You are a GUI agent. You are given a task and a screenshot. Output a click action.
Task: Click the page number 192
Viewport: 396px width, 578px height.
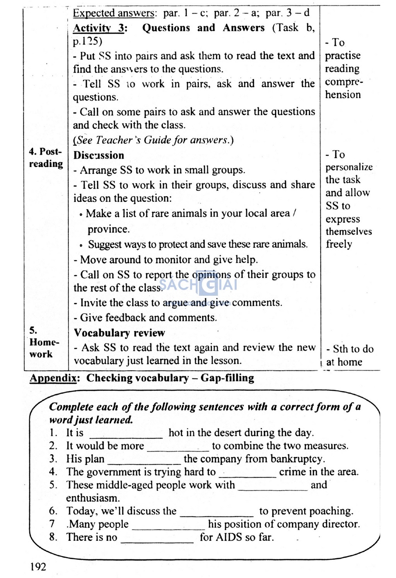pos(38,567)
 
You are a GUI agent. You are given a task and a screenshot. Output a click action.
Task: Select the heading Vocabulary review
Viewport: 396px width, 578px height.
pos(119,333)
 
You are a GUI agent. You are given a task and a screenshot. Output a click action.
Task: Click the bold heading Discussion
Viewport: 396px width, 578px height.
pos(99,155)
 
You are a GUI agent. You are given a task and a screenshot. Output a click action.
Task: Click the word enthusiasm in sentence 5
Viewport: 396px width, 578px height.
pos(93,498)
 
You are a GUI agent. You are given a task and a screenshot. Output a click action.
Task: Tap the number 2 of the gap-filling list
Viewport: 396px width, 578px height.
pos(53,446)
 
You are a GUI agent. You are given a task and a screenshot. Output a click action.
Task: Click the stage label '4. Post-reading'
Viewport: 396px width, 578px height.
pos(46,157)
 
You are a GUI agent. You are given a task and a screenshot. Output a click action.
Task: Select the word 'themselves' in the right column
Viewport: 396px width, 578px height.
pos(348,232)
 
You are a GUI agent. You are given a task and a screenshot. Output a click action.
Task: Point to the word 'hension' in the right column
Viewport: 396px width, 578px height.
pos(343,95)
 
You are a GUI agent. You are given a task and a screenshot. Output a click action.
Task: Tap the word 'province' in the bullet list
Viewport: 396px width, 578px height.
pos(108,229)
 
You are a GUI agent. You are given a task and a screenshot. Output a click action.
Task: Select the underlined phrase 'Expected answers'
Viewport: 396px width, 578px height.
pos(114,13)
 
